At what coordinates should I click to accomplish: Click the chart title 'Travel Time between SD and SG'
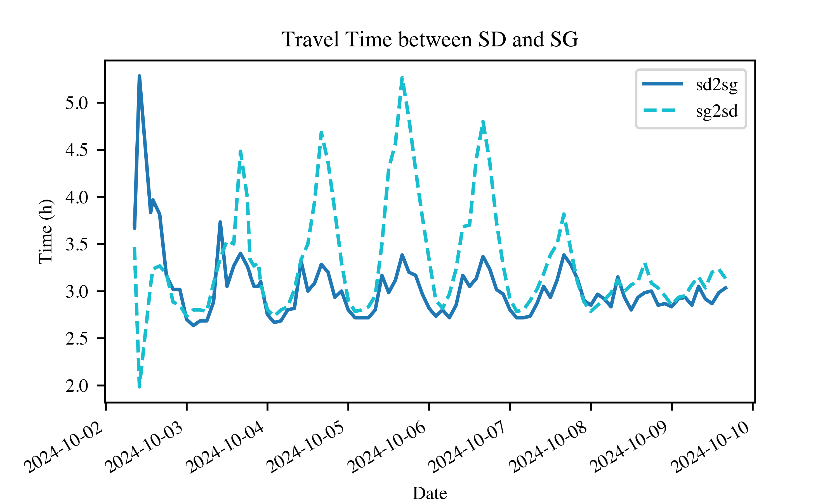(429, 39)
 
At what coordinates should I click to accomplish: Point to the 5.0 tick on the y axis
(76, 103)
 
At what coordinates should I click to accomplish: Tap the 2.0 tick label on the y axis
(76, 386)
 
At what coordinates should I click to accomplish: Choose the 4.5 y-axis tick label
(76, 150)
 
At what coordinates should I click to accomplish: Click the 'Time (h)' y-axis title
(46, 231)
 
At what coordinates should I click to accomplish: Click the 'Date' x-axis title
(429, 493)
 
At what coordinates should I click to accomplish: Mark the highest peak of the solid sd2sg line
(139, 76)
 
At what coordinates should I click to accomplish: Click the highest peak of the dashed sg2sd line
(402, 78)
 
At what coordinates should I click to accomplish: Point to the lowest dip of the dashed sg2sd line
(139, 386)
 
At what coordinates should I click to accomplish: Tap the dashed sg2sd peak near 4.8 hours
(483, 121)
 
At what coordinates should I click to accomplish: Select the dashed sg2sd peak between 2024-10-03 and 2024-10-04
(241, 151)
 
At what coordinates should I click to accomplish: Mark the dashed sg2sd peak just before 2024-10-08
(564, 214)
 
